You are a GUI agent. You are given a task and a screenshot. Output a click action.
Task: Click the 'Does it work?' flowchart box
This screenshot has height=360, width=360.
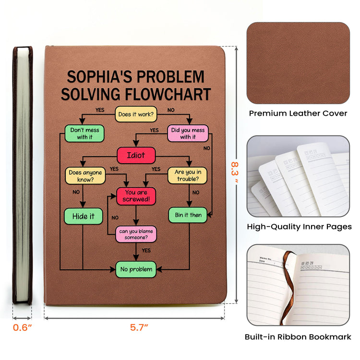(x=136, y=114)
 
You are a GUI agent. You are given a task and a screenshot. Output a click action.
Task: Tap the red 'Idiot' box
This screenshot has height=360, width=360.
(x=136, y=155)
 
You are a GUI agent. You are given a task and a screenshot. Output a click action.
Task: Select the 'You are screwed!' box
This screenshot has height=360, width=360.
(x=136, y=196)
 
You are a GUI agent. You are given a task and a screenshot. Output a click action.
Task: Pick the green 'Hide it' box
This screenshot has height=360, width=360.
(x=84, y=216)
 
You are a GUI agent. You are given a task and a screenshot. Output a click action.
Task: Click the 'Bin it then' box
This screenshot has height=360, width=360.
(x=188, y=215)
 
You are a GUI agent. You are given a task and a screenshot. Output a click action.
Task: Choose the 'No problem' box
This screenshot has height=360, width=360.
(x=136, y=269)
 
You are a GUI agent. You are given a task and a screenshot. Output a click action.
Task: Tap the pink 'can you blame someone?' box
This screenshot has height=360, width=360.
(x=136, y=234)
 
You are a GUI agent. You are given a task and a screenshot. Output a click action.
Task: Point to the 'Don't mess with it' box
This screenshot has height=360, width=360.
(x=84, y=133)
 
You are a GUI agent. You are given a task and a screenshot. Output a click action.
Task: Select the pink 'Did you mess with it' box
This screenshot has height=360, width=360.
(x=188, y=133)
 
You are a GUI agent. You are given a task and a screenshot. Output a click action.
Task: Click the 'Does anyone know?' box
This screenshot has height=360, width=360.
(x=85, y=176)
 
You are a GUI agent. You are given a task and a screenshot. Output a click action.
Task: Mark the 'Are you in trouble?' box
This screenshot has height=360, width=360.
(x=188, y=175)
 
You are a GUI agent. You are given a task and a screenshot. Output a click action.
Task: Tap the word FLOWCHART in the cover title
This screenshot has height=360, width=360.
(x=168, y=94)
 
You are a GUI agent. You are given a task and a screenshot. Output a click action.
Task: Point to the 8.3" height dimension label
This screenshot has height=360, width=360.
(x=234, y=172)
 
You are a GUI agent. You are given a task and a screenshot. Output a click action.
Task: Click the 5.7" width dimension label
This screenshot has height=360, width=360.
(x=139, y=327)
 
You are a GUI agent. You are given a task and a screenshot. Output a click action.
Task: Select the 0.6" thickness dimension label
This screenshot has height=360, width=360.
(x=22, y=327)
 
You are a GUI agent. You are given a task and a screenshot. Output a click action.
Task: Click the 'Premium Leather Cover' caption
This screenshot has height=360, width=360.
(x=298, y=113)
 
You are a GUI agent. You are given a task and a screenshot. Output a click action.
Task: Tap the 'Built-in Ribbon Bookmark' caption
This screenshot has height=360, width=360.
(x=298, y=337)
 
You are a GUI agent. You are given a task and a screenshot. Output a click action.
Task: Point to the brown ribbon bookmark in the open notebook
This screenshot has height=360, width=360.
(x=288, y=287)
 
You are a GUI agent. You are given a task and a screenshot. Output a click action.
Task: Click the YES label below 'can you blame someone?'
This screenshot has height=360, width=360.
(x=146, y=250)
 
